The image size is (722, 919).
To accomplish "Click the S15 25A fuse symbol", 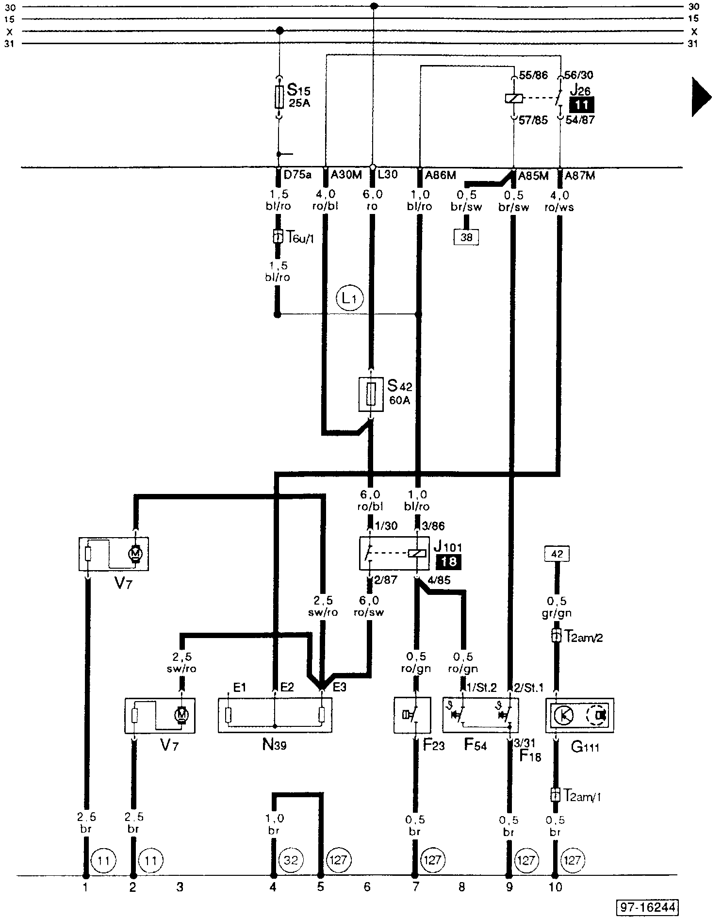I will (x=279, y=97).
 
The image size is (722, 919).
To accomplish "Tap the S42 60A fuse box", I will (x=371, y=394).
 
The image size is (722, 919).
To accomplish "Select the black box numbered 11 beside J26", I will (x=581, y=105).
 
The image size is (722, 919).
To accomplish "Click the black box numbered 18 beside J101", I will (x=448, y=562).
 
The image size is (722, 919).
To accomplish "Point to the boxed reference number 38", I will (x=466, y=237).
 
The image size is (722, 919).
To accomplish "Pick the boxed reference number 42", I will (x=557, y=554).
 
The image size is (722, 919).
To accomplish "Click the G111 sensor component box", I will (x=580, y=715).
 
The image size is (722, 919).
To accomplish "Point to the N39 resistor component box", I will (x=275, y=715).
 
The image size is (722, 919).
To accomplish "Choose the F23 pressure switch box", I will (x=412, y=715).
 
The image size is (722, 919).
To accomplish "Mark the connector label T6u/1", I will (x=298, y=237).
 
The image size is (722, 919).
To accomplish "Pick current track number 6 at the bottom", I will (x=367, y=887).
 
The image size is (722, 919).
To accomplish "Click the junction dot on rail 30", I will (x=374, y=6).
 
